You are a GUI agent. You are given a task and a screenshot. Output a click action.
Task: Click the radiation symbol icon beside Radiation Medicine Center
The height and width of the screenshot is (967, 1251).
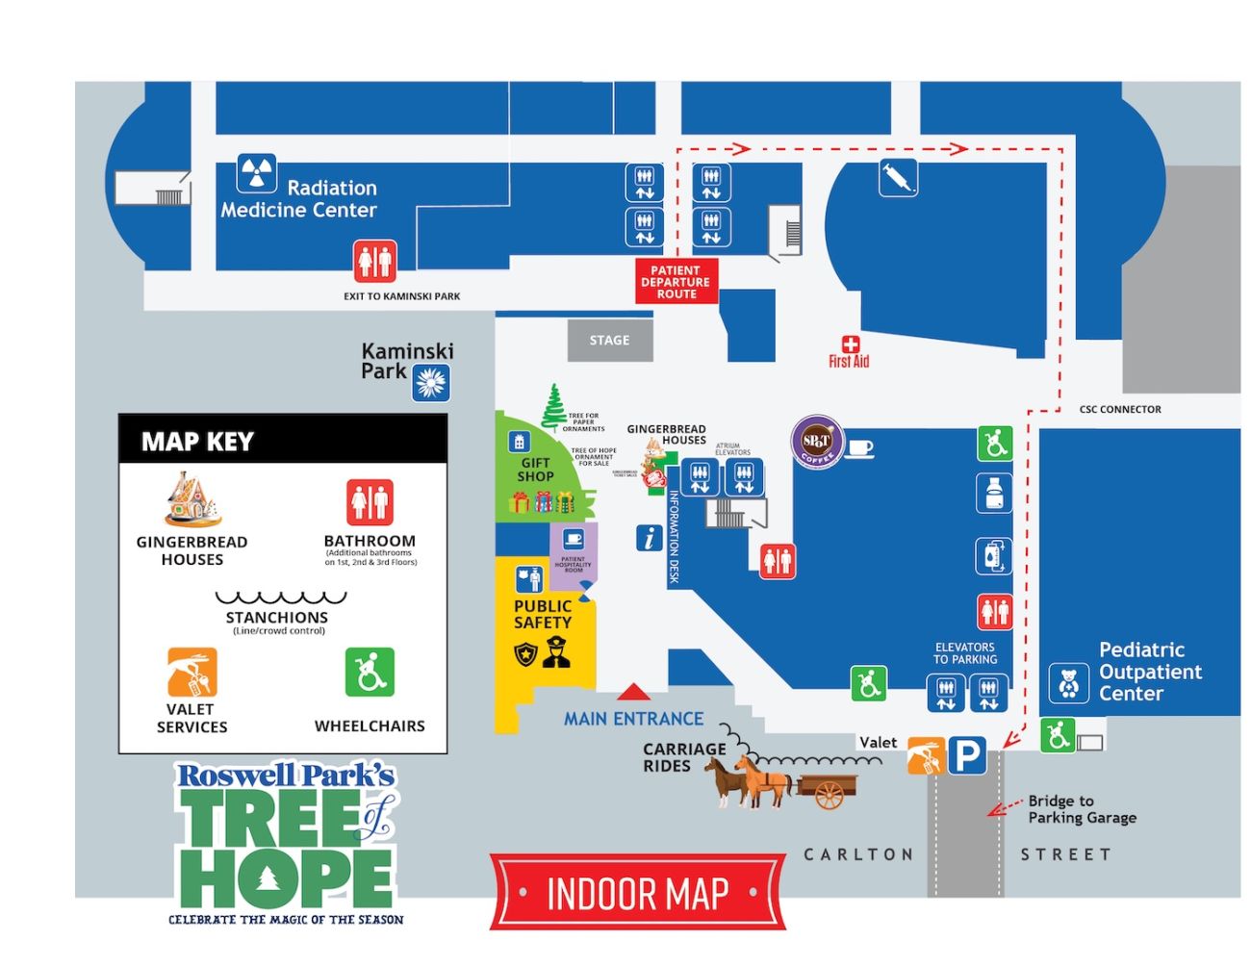[257, 174]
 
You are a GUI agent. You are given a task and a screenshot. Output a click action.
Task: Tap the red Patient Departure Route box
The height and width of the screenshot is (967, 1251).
[677, 282]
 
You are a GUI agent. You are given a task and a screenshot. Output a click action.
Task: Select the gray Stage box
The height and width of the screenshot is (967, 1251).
[610, 341]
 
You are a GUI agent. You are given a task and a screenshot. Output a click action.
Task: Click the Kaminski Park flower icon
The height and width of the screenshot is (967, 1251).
[431, 383]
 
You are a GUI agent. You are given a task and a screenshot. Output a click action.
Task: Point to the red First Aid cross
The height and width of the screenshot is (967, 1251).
[850, 344]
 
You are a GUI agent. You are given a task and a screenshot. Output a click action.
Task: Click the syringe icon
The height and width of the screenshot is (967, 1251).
[898, 178]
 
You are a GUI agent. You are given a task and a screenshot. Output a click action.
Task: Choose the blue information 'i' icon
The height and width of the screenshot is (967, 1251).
[650, 538]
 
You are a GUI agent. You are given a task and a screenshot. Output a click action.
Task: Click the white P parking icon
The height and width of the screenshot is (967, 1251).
[967, 755]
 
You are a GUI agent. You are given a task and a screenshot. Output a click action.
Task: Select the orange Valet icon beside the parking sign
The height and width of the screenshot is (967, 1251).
[926, 756]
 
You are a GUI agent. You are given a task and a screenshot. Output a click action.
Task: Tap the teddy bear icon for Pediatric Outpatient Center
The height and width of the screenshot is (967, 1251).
[1068, 683]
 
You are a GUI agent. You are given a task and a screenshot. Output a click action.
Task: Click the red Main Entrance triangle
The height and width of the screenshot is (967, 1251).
[632, 692]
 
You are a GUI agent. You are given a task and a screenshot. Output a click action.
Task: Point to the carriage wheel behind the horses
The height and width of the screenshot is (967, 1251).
[829, 795]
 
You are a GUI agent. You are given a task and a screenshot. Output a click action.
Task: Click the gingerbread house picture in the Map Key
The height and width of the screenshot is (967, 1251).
[192, 500]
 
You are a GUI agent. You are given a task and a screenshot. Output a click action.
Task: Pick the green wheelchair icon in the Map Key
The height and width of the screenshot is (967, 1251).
[370, 673]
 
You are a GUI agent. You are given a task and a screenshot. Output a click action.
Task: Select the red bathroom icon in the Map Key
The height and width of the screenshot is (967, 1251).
[370, 502]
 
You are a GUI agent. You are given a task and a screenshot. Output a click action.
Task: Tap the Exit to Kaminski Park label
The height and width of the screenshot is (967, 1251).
[402, 296]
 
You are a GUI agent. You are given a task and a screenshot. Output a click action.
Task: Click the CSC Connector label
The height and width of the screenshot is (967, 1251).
[1120, 410]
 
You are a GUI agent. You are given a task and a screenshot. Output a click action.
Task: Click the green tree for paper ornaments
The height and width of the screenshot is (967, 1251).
[554, 408]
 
